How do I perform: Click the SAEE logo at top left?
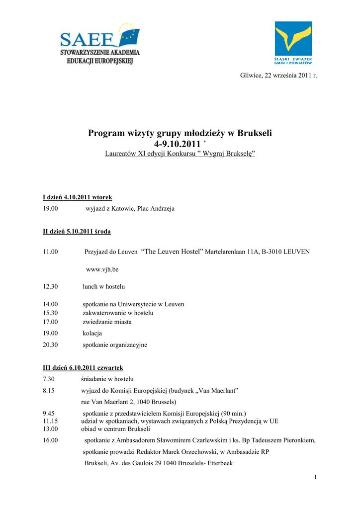100,43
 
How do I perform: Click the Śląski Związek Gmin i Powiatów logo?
293,44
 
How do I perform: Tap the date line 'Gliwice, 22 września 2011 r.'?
278,75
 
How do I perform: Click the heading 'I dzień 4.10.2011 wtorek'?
78,197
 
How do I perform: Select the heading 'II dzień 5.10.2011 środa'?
77,231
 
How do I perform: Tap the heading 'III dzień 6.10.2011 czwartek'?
83,368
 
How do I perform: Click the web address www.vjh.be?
102,269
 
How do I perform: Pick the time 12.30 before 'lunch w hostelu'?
50,287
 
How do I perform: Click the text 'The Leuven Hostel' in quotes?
173,252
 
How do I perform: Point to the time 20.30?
50,344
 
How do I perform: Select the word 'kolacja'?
92,333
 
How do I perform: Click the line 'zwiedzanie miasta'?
107,322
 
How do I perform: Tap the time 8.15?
49,391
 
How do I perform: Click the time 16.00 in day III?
50,440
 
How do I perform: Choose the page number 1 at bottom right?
315,478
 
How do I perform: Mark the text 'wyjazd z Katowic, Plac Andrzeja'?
130,209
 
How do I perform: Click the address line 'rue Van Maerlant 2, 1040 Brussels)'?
129,402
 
